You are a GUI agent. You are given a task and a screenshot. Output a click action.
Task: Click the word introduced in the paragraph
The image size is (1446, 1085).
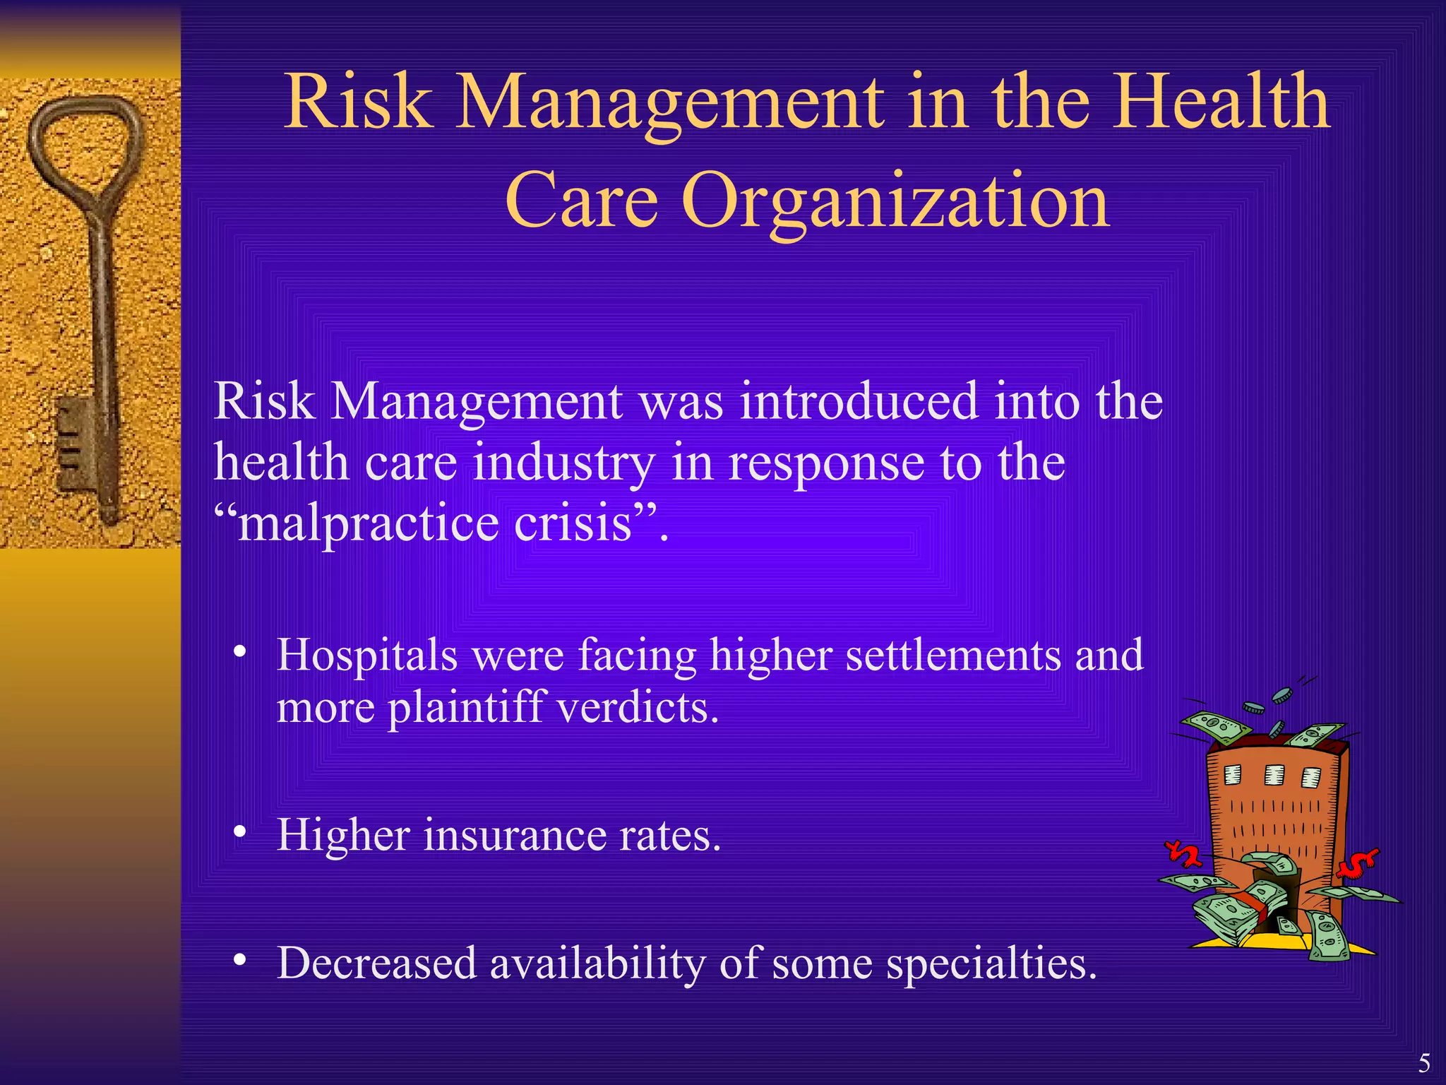[x=859, y=401]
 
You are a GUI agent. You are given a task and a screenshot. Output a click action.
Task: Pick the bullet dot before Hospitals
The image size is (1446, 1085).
[x=241, y=651]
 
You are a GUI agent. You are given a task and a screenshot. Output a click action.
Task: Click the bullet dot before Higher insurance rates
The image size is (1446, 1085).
[x=241, y=832]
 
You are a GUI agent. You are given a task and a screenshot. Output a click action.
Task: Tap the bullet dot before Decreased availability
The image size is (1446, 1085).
[x=241, y=959]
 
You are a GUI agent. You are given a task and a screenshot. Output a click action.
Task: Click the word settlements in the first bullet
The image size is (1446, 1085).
[x=952, y=655]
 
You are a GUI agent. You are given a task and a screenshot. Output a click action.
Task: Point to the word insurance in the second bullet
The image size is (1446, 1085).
[x=515, y=835]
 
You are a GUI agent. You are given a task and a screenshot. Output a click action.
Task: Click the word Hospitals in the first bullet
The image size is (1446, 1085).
[x=367, y=656]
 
